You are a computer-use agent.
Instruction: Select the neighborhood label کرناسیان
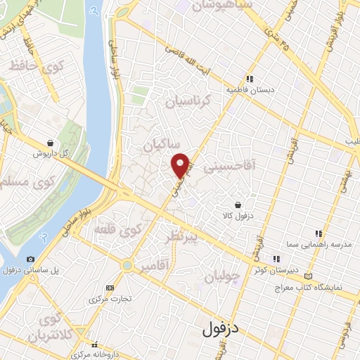pos(188,102)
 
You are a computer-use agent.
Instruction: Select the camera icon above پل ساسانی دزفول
pos(30,259)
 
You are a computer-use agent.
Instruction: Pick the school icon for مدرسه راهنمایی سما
pos(318,233)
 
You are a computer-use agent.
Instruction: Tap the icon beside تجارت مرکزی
pos(110,288)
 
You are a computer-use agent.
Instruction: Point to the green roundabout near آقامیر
pos(127,265)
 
